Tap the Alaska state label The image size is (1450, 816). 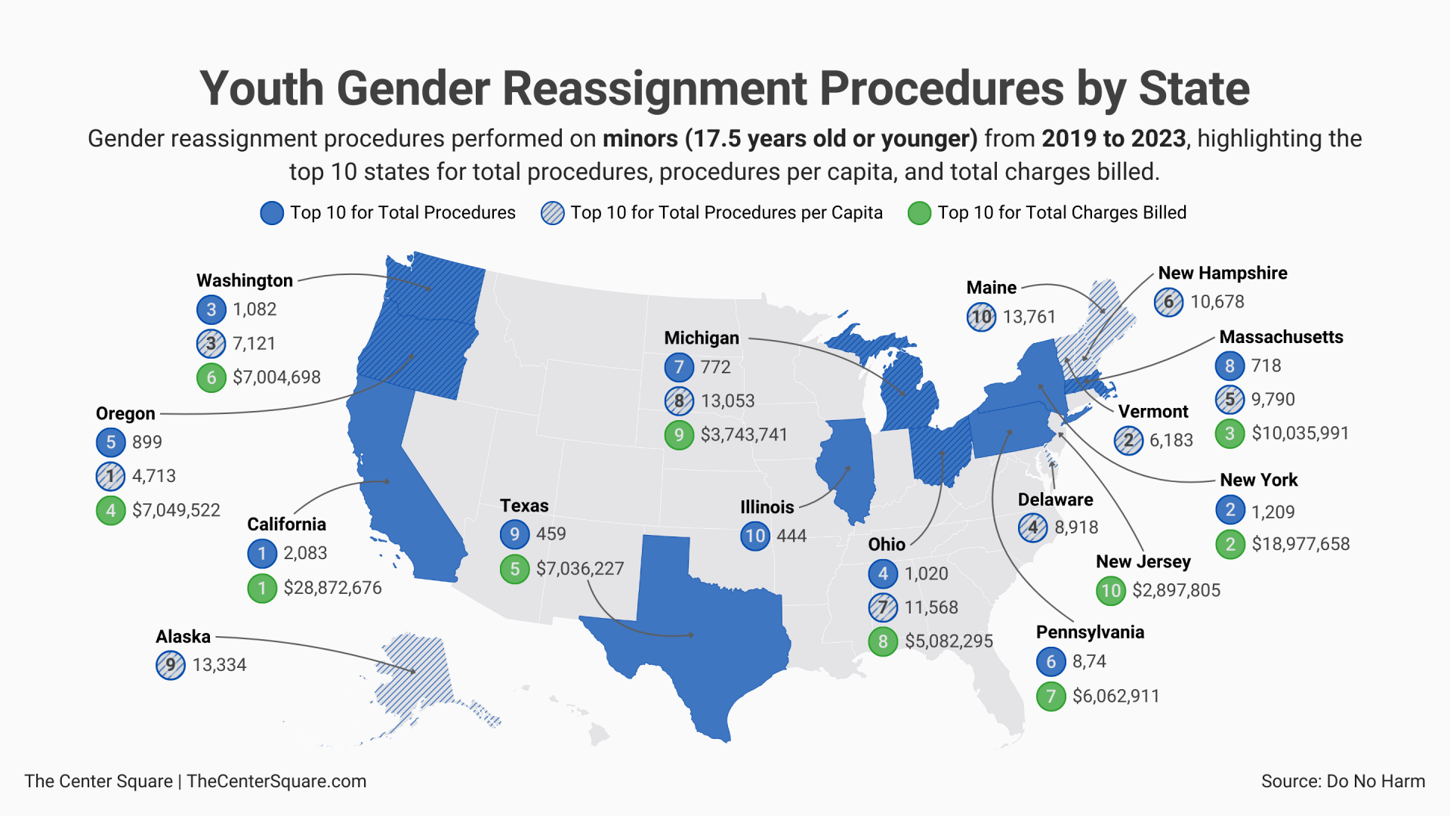pos(183,637)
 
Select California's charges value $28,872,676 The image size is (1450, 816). pos(332,588)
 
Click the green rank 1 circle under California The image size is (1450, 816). pos(262,588)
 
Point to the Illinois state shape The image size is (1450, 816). pos(846,468)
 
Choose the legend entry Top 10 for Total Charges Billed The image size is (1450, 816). pos(1061,213)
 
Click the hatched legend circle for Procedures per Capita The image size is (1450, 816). pos(552,213)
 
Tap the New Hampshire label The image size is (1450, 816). pos(1222,274)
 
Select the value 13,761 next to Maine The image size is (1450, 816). pos(1029,317)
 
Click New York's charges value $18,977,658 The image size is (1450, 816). pos(1300,544)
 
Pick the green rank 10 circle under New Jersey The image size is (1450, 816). pos(1111,590)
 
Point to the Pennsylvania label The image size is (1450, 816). pos(1089,632)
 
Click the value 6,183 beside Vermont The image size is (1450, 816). pos(1171,440)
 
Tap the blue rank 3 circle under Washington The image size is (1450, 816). pos(211,310)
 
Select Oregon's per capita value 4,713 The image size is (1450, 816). pos(153,476)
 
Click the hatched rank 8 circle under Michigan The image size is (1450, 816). pos(679,401)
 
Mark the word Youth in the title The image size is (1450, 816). pos(261,89)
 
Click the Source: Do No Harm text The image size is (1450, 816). pos(1343,781)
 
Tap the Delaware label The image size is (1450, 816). pos(1055,500)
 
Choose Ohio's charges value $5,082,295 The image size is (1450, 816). pos(949,641)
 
